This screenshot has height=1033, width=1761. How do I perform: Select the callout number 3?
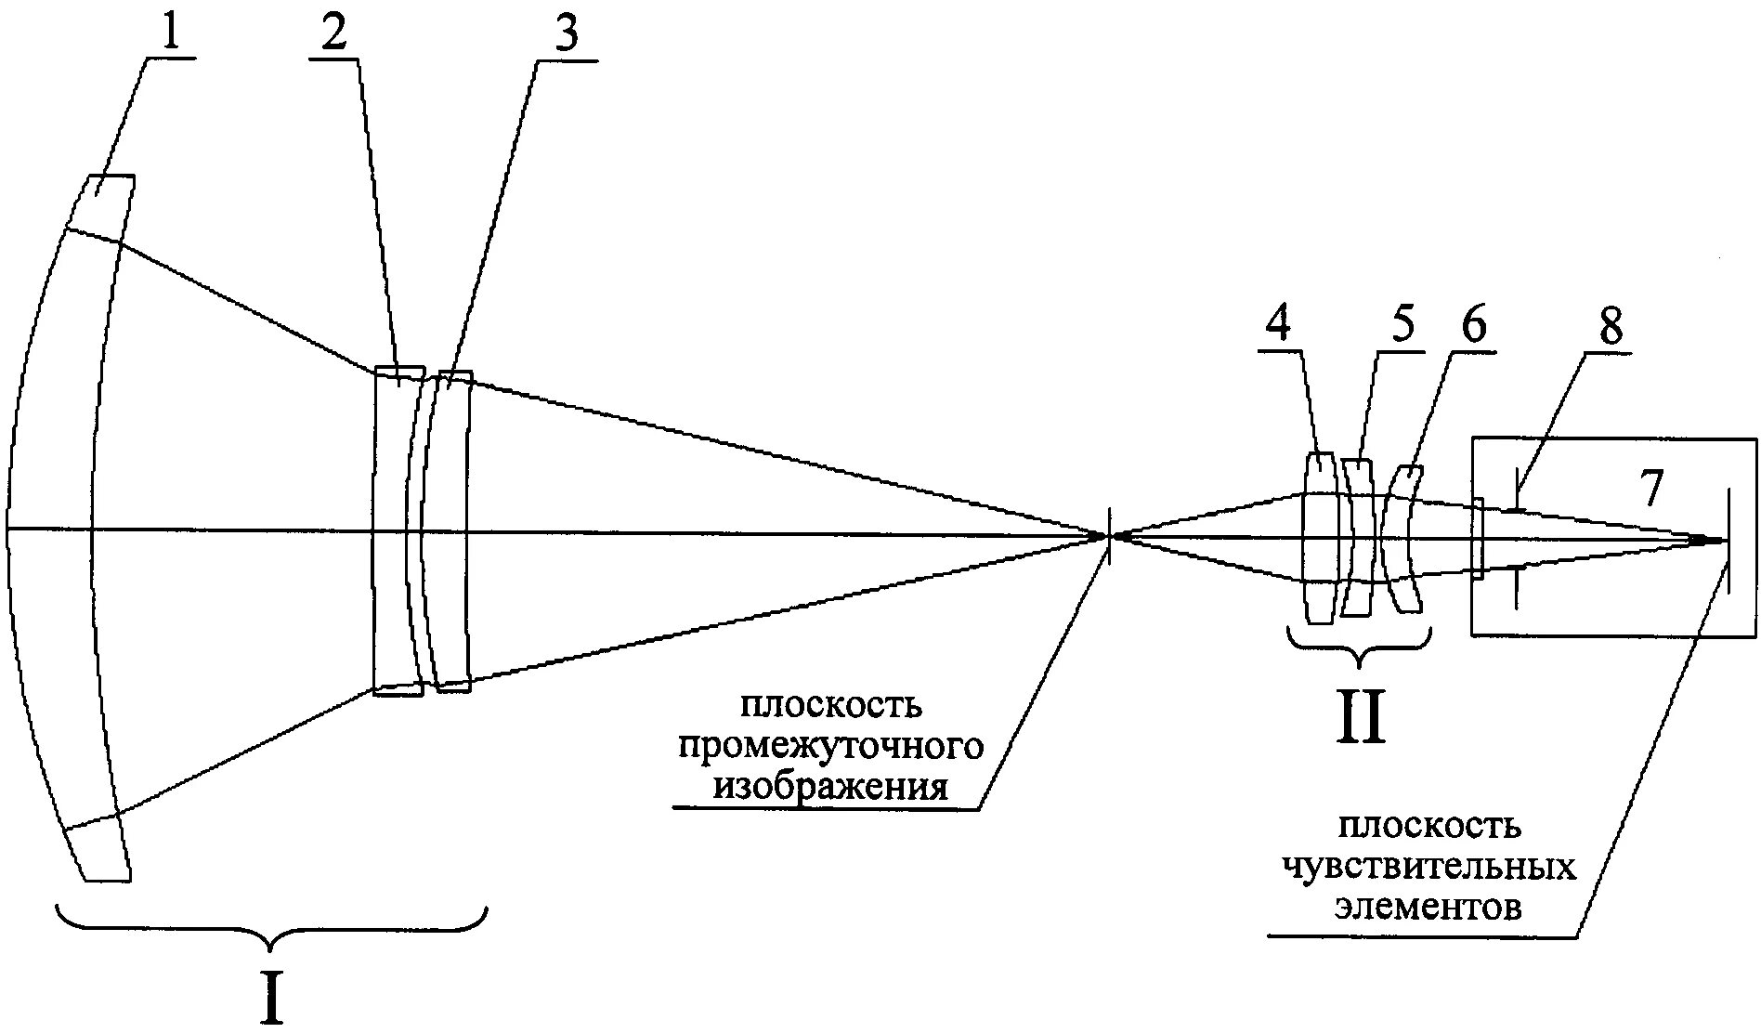tap(565, 33)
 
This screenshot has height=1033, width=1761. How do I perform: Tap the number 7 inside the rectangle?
tap(1650, 489)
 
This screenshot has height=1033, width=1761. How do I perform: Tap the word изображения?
tap(829, 787)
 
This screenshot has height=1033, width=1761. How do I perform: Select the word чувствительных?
tap(1429, 866)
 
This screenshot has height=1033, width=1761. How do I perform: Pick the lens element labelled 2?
tap(390, 530)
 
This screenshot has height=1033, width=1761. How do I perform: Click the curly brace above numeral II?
tap(1359, 647)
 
